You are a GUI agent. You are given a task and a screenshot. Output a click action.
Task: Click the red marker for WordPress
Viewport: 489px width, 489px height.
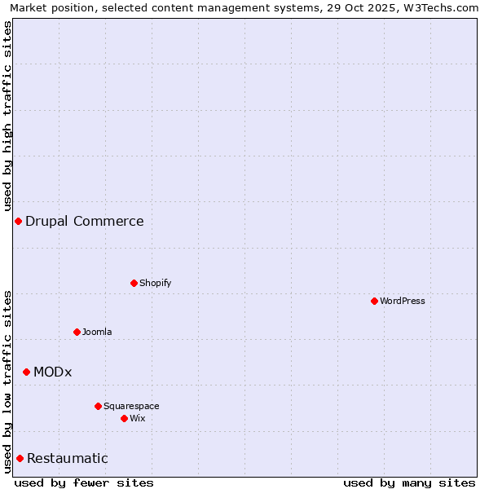pos(374,301)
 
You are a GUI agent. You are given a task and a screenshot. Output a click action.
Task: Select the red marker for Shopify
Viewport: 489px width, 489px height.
pos(134,283)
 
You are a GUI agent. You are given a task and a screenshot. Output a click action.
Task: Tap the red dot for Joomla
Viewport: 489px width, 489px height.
pos(77,332)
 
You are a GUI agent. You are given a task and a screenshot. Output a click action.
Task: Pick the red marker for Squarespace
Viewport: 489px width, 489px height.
pos(98,406)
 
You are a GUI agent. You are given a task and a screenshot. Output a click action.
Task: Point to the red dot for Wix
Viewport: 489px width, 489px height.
pos(124,418)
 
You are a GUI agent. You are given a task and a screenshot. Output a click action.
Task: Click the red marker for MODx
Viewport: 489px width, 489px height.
pos(26,372)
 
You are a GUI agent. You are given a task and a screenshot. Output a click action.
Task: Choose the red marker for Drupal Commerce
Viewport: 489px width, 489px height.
pos(18,221)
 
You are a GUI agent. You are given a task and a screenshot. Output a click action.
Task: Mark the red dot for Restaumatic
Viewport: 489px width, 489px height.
pos(20,458)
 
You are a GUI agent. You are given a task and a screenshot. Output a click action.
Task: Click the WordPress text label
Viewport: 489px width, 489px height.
pos(403,301)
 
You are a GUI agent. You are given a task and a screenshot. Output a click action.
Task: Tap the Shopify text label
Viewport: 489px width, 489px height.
pos(156,283)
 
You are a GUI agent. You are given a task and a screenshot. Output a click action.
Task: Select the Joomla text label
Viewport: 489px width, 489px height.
pos(97,332)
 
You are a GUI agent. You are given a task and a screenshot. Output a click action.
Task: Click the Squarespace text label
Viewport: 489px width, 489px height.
pos(131,406)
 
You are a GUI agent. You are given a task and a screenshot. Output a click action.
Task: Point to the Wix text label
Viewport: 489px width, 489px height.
pos(138,418)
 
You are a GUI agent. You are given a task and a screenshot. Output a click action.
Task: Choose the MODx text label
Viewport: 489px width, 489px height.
pos(53,372)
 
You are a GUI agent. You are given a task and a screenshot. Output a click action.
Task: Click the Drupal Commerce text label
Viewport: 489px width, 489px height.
pos(85,221)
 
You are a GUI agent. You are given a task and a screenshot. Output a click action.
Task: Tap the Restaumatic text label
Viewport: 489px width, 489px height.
pos(68,458)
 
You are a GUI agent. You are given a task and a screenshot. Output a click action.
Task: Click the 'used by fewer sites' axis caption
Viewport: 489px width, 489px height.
pos(84,482)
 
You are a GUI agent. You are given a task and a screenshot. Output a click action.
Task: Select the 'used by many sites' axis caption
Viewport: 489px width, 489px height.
pos(409,482)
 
